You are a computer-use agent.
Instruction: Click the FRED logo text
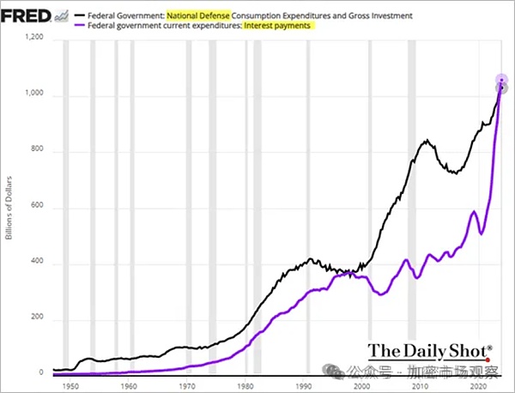pyautogui.click(x=25, y=14)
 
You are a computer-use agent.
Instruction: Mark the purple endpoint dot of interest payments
pyautogui.click(x=501, y=80)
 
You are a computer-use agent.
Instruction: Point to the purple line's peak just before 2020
pyautogui.click(x=472, y=211)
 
